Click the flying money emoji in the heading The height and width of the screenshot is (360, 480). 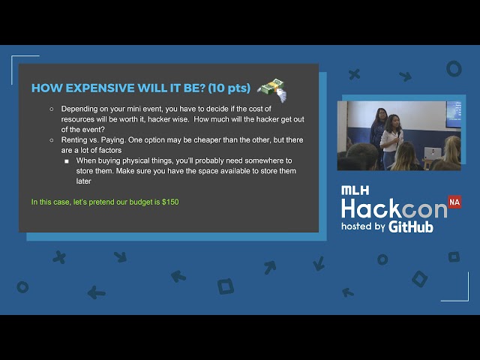click(272, 90)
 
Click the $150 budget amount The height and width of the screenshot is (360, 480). click(170, 202)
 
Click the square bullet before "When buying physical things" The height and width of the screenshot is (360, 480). click(67, 161)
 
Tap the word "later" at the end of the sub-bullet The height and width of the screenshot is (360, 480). click(83, 181)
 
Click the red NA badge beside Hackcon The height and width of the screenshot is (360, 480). click(454, 202)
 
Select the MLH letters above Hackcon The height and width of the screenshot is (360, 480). click(355, 190)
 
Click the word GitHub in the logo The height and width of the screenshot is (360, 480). click(411, 226)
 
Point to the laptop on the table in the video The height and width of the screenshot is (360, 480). click(433, 153)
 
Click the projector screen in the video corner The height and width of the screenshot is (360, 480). click(453, 115)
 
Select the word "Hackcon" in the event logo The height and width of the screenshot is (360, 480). click(394, 208)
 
